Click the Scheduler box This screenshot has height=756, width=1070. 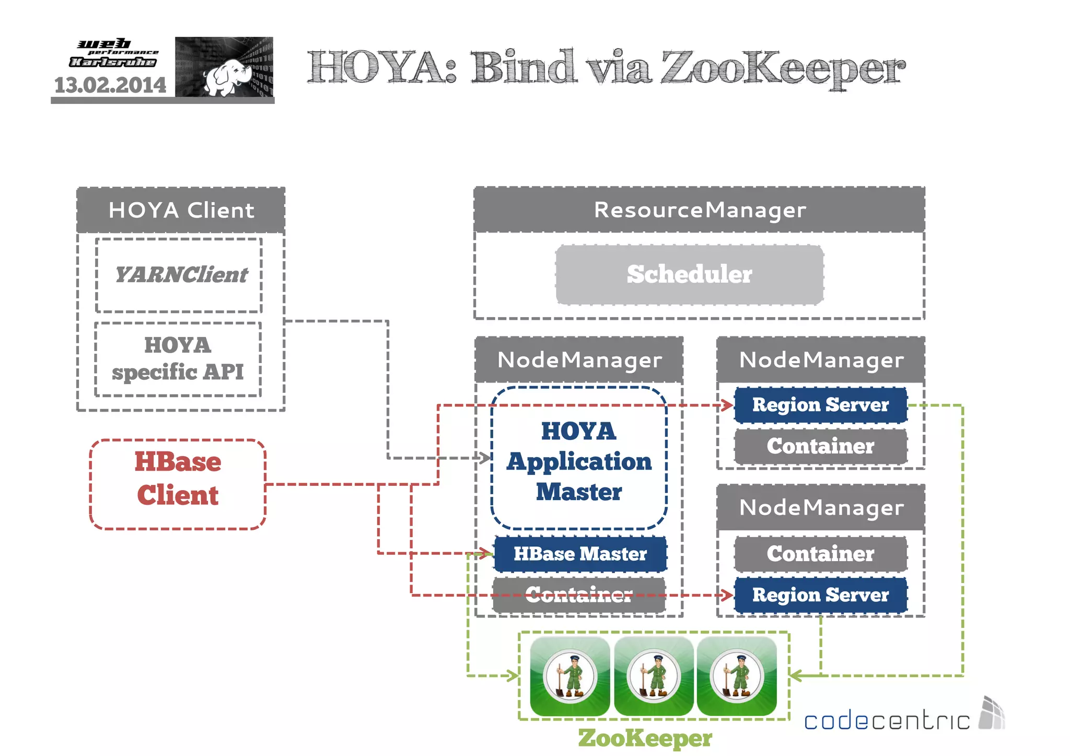click(x=689, y=275)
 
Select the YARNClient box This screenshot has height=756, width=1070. click(x=179, y=275)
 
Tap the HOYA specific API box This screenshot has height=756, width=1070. click(x=178, y=359)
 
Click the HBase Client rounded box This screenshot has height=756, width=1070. click(x=178, y=484)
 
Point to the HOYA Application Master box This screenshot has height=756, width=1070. click(x=579, y=460)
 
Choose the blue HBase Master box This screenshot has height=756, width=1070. click(x=580, y=554)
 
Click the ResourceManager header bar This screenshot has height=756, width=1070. click(x=699, y=210)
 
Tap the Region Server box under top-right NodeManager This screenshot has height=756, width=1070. click(x=820, y=405)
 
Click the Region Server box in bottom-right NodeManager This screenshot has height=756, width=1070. click(x=820, y=595)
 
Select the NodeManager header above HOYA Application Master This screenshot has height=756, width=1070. click(x=579, y=360)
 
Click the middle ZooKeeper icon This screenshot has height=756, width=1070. click(x=654, y=676)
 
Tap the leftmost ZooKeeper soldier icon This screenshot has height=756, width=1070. click(x=570, y=676)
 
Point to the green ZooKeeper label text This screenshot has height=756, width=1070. click(x=645, y=738)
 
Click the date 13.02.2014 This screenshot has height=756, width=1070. click(x=110, y=85)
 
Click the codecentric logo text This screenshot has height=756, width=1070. click(x=887, y=721)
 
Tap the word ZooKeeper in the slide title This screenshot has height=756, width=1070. click(x=782, y=68)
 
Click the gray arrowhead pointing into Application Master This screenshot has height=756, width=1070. click(x=486, y=458)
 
